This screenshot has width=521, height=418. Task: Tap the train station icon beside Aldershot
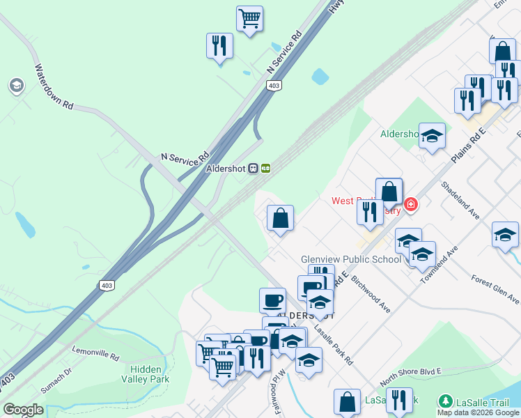click(259, 169)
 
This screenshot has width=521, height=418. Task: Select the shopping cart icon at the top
click(249, 18)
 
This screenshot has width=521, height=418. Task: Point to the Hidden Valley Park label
click(146, 374)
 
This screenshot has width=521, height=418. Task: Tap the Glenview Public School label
click(351, 259)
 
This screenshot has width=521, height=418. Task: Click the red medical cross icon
click(411, 204)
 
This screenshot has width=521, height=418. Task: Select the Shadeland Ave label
click(460, 200)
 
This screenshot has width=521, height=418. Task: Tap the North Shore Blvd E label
click(410, 377)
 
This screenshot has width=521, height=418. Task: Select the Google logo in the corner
click(23, 410)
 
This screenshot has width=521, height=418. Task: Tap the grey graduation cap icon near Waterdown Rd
click(15, 86)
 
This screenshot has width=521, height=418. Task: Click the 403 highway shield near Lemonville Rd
click(107, 286)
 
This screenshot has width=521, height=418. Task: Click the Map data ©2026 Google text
click(478, 412)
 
